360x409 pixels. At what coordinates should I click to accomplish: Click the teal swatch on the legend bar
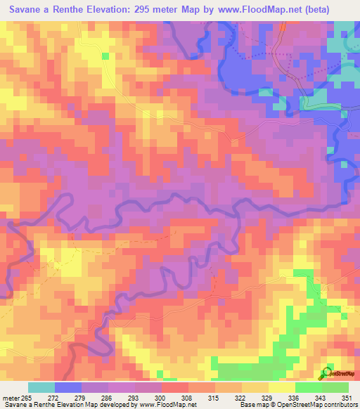click(41, 387)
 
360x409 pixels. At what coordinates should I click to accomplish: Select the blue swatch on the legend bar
click(68, 387)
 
